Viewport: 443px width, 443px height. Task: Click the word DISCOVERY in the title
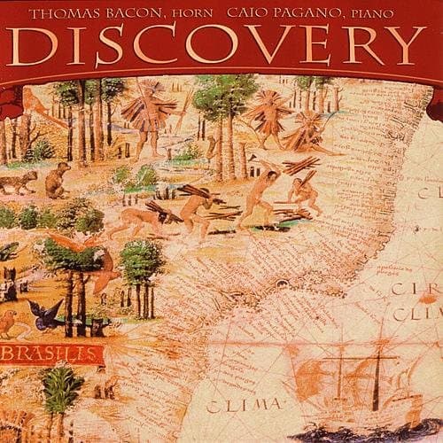pyautogui.click(x=221, y=45)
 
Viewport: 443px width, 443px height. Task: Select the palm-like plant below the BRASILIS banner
pyautogui.click(x=62, y=399)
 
